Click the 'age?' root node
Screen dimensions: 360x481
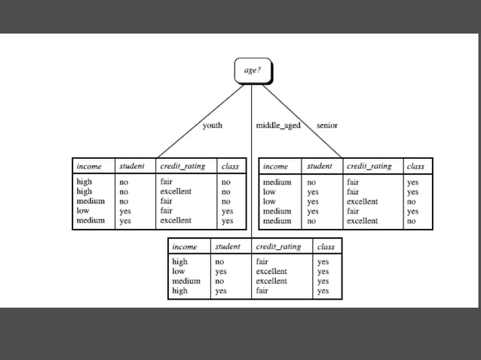(x=252, y=71)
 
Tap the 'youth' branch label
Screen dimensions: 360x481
(x=213, y=125)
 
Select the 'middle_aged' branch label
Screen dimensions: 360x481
(x=278, y=125)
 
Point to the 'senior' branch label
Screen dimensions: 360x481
(x=327, y=125)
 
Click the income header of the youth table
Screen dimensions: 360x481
(x=89, y=166)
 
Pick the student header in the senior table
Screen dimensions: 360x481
(x=320, y=166)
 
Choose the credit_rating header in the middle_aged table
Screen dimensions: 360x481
(x=279, y=246)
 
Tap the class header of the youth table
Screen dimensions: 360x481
(x=228, y=166)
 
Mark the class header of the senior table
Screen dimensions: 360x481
(x=415, y=166)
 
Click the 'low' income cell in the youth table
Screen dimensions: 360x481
(x=83, y=212)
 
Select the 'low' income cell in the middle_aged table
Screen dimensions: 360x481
(x=179, y=271)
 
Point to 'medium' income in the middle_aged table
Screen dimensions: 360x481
(x=186, y=281)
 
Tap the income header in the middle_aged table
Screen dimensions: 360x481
(x=185, y=246)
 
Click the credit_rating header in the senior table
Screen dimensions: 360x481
(x=369, y=166)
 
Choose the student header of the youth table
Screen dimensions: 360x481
(x=133, y=166)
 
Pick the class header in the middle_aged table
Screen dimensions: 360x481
(x=326, y=246)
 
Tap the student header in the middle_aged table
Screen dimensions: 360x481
(x=228, y=246)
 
